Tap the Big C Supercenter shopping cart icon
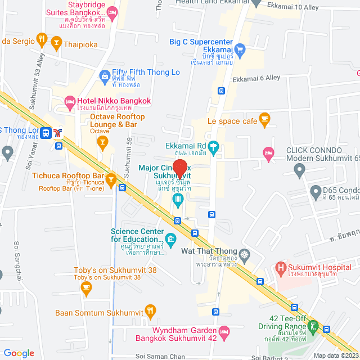(x=240, y=49)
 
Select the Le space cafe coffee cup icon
(x=264, y=119)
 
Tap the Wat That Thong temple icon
(x=245, y=254)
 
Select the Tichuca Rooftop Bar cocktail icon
(x=111, y=181)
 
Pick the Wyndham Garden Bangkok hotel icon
(x=224, y=333)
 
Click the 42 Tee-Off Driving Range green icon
(x=313, y=326)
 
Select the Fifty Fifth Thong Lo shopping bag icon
(x=104, y=75)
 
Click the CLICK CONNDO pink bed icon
(x=268, y=152)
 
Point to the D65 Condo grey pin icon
(x=316, y=192)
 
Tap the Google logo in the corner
(x=18, y=353)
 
